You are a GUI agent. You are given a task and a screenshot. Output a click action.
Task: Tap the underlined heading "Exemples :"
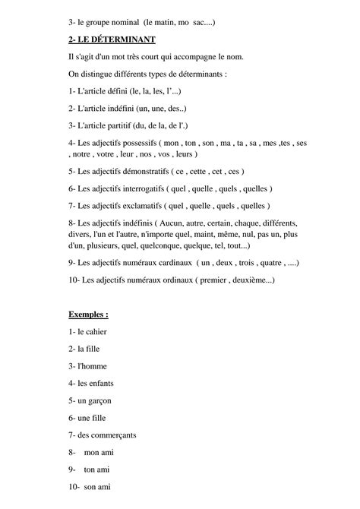pyautogui.click(x=88, y=313)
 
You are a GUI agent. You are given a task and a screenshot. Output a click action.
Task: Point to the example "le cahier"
pyautogui.click(x=90, y=332)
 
